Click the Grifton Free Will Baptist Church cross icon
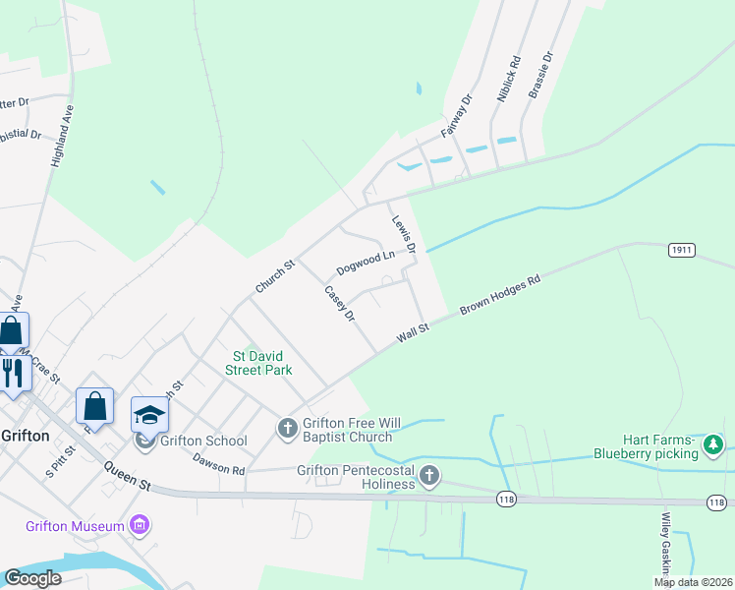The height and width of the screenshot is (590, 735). tap(288, 428)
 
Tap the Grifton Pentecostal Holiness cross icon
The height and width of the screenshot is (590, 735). tap(428, 477)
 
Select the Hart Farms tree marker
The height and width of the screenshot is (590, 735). tap(713, 446)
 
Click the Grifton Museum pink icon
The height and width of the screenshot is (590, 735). tap(139, 526)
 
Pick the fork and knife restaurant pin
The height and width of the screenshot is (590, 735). tap(12, 372)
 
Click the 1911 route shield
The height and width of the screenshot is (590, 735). tap(683, 251)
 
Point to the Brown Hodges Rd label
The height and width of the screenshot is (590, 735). tap(500, 297)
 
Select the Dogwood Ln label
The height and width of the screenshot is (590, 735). tap(365, 263)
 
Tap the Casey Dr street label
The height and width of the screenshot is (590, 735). tap(339, 303)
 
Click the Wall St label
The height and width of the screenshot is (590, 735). tap(414, 333)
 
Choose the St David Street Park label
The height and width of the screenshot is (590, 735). tap(262, 363)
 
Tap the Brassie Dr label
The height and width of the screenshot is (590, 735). tap(541, 74)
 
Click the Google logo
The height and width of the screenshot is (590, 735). tap(32, 578)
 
